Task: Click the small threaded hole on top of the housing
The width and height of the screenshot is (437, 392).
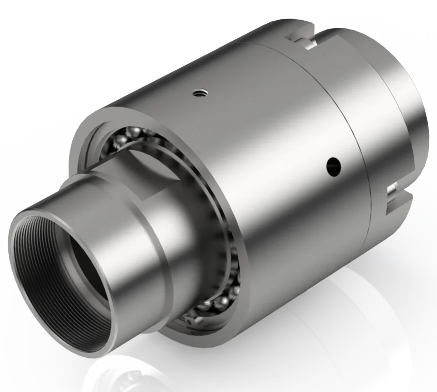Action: click(199, 94)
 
